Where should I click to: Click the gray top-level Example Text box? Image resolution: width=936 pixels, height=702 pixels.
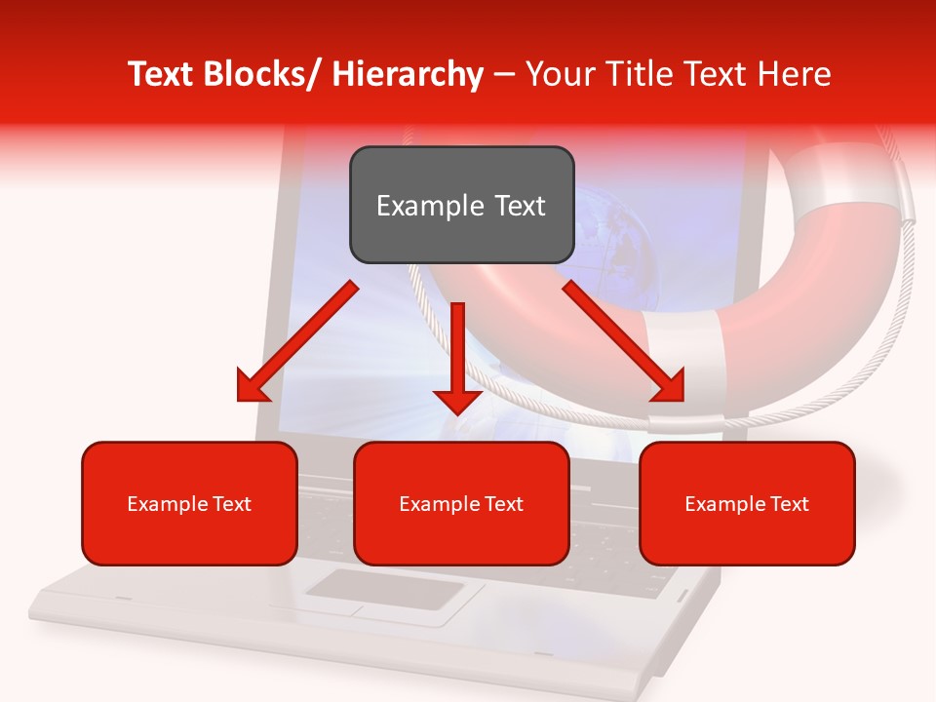tap(461, 205)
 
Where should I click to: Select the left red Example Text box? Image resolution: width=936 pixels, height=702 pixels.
tap(189, 503)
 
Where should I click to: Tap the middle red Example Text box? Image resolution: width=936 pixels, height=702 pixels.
tap(461, 503)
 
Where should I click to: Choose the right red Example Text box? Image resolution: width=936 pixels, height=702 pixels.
tap(747, 503)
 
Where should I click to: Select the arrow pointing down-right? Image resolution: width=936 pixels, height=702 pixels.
tap(624, 341)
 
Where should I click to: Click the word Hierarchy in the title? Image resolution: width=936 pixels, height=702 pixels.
tap(407, 74)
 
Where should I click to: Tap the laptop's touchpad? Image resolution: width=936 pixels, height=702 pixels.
tap(385, 591)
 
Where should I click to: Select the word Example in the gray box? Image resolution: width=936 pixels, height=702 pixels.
tap(430, 206)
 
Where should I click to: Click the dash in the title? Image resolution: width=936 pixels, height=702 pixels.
tap(504, 74)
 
